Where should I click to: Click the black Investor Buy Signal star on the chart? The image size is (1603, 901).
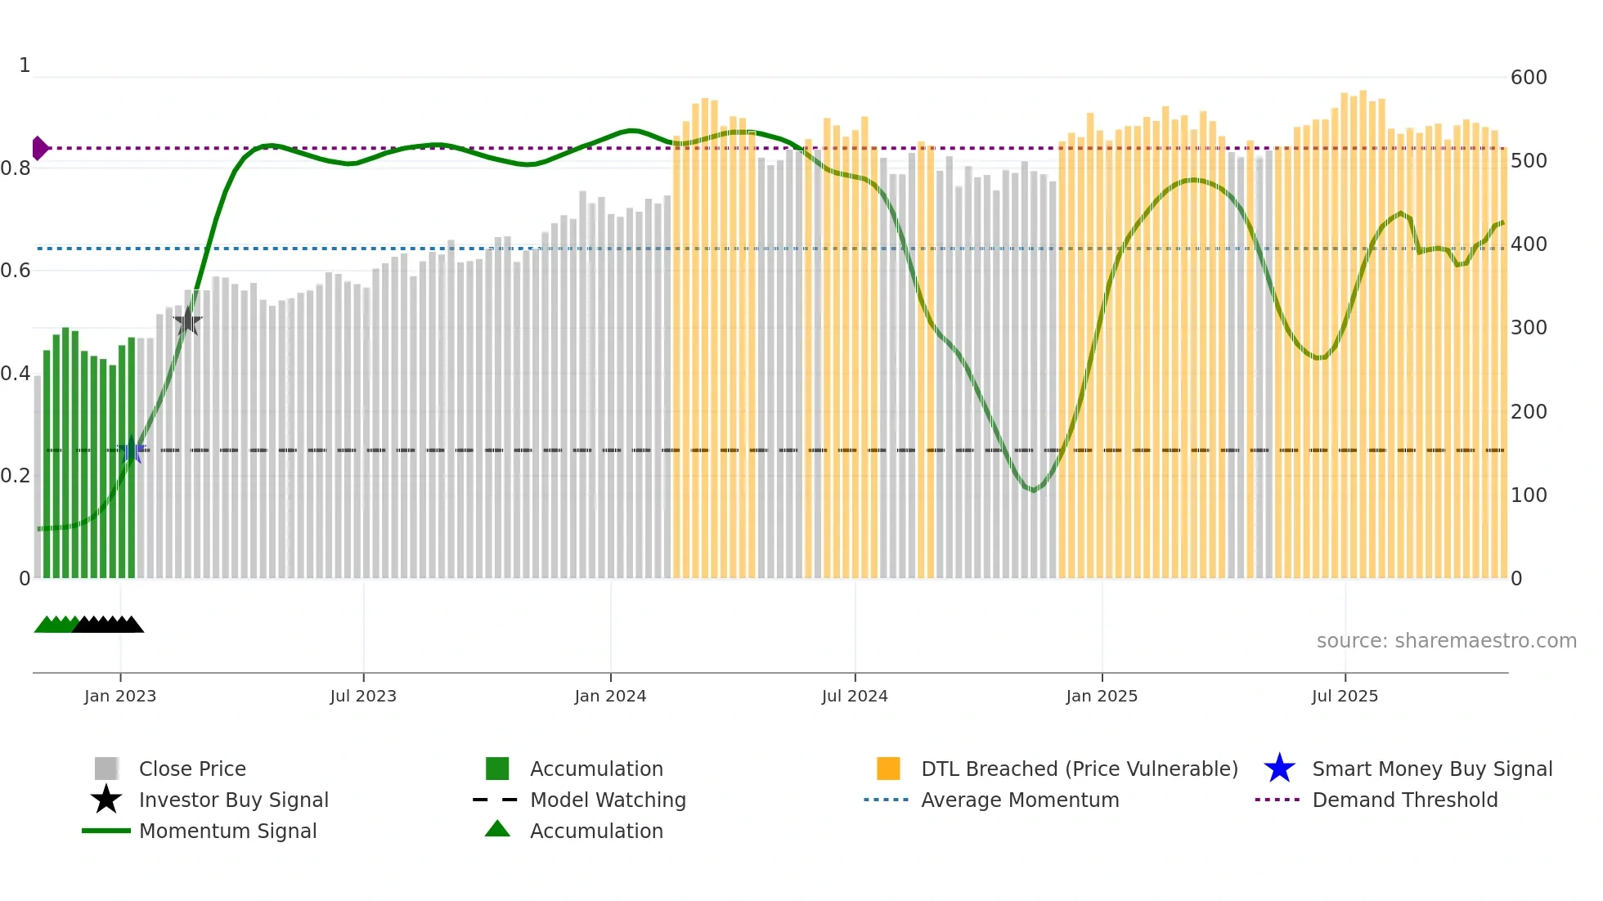pyautogui.click(x=187, y=321)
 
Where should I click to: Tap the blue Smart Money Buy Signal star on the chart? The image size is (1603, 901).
pyautogui.click(x=132, y=450)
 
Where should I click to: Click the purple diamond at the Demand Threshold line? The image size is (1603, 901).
pyautogui.click(x=39, y=148)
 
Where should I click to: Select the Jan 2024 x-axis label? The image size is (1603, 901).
pyautogui.click(x=610, y=696)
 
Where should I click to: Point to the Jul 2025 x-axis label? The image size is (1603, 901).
pyautogui.click(x=1345, y=696)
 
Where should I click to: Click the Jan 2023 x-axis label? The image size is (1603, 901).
pyautogui.click(x=120, y=696)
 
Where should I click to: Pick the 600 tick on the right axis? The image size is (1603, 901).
pyautogui.click(x=1529, y=78)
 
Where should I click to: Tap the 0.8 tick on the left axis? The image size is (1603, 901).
pyautogui.click(x=16, y=168)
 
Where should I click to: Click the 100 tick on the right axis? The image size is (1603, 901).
pyautogui.click(x=1529, y=495)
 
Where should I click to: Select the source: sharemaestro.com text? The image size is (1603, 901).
pyautogui.click(x=1446, y=641)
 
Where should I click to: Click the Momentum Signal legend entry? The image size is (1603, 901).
pyautogui.click(x=227, y=831)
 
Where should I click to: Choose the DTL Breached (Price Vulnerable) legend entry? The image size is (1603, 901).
pyautogui.click(x=1079, y=769)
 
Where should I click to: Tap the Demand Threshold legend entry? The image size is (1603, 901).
pyautogui.click(x=1404, y=800)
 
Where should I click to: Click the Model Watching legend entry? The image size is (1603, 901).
pyautogui.click(x=608, y=800)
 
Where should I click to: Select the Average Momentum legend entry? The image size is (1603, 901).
pyautogui.click(x=1020, y=800)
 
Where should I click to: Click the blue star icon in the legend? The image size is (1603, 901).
pyautogui.click(x=1279, y=769)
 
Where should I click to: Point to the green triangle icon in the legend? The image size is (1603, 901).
pyautogui.click(x=497, y=829)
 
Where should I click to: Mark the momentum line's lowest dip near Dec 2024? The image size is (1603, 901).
pyautogui.click(x=1034, y=491)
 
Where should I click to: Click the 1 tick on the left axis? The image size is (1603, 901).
pyautogui.click(x=25, y=65)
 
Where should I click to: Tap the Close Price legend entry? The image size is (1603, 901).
pyautogui.click(x=192, y=769)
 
